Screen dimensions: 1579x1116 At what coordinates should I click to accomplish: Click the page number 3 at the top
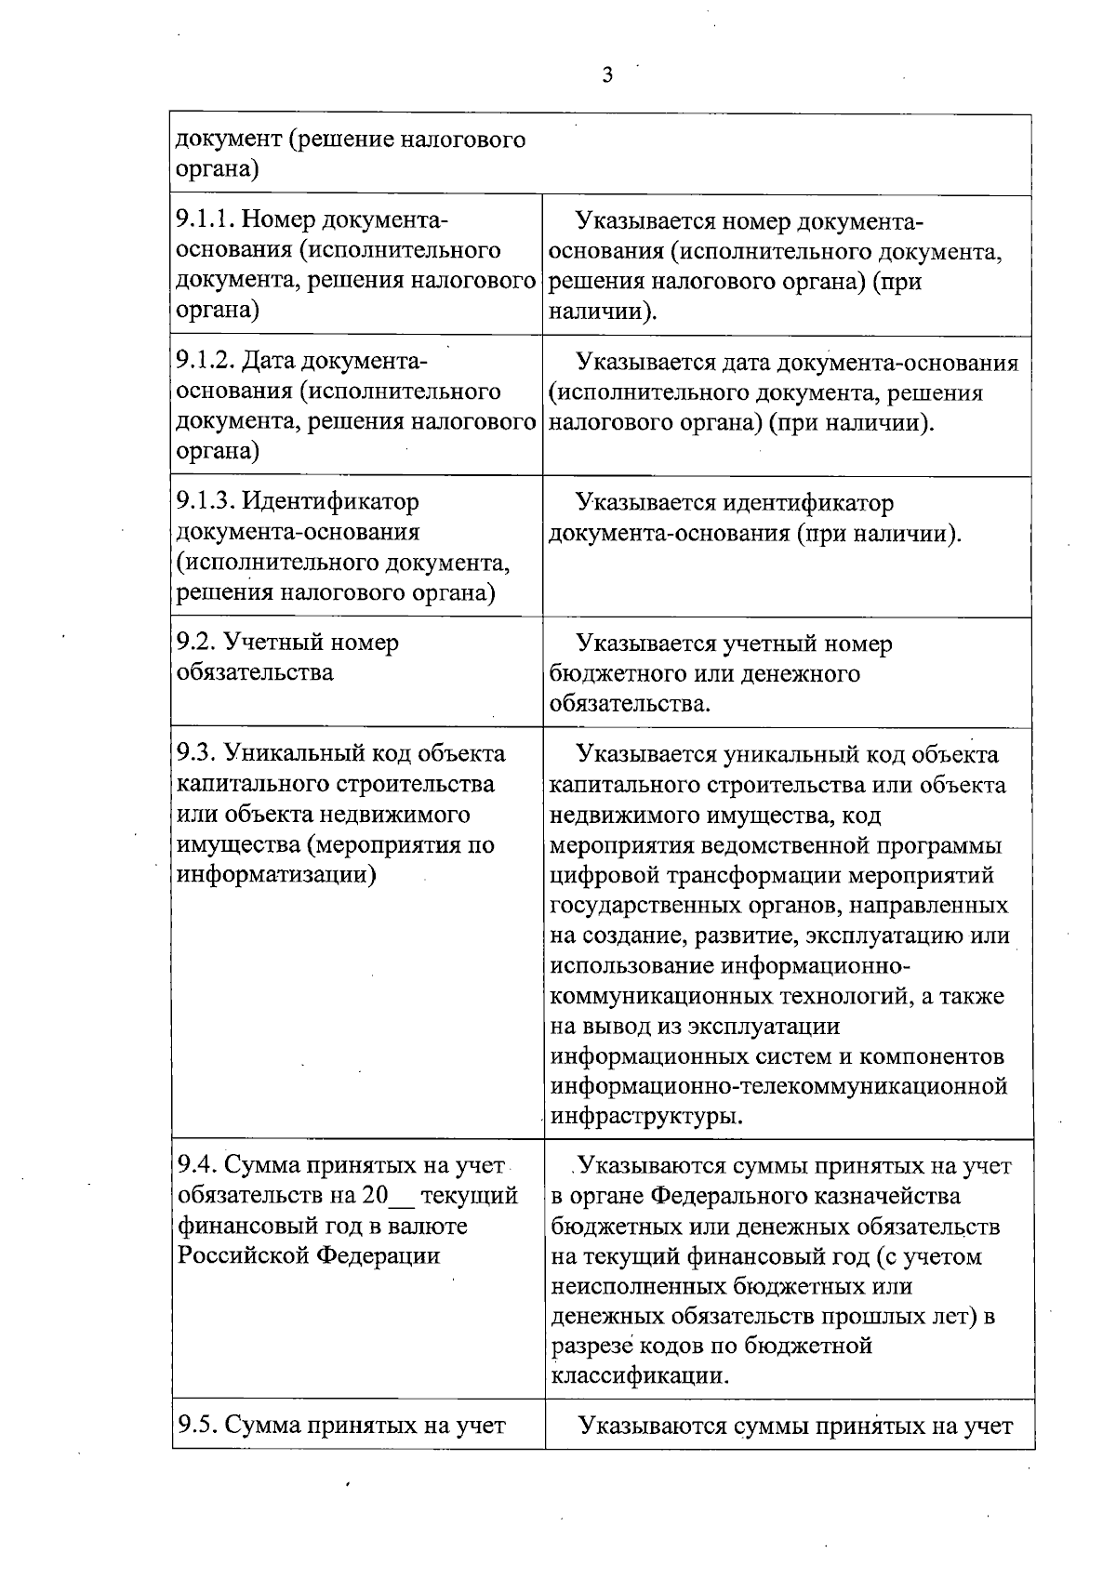[607, 75]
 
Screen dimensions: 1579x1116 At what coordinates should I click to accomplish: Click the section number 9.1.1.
[204, 220]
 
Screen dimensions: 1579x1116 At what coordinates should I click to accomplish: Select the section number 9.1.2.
[205, 362]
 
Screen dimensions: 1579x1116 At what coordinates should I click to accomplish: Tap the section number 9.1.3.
[205, 502]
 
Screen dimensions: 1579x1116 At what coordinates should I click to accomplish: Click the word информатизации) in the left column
[276, 875]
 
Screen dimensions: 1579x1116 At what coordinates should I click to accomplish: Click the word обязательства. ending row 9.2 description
[630, 704]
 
